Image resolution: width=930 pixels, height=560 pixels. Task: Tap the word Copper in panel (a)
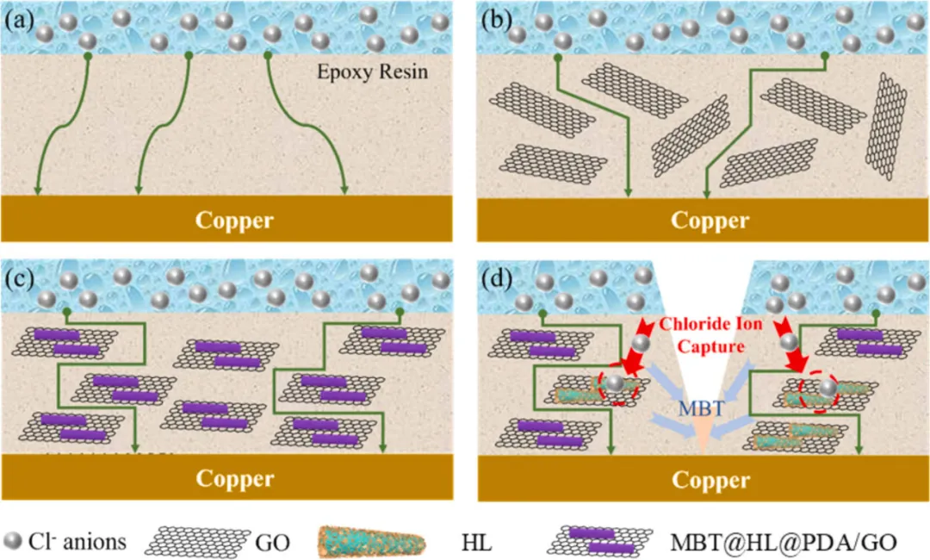point(234,220)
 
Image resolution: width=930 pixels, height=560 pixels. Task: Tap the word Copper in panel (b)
point(710,220)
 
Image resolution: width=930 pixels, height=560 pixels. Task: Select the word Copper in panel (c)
point(234,478)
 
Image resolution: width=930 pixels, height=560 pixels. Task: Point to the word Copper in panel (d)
point(710,478)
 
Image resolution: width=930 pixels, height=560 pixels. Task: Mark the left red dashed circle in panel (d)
point(617,387)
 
